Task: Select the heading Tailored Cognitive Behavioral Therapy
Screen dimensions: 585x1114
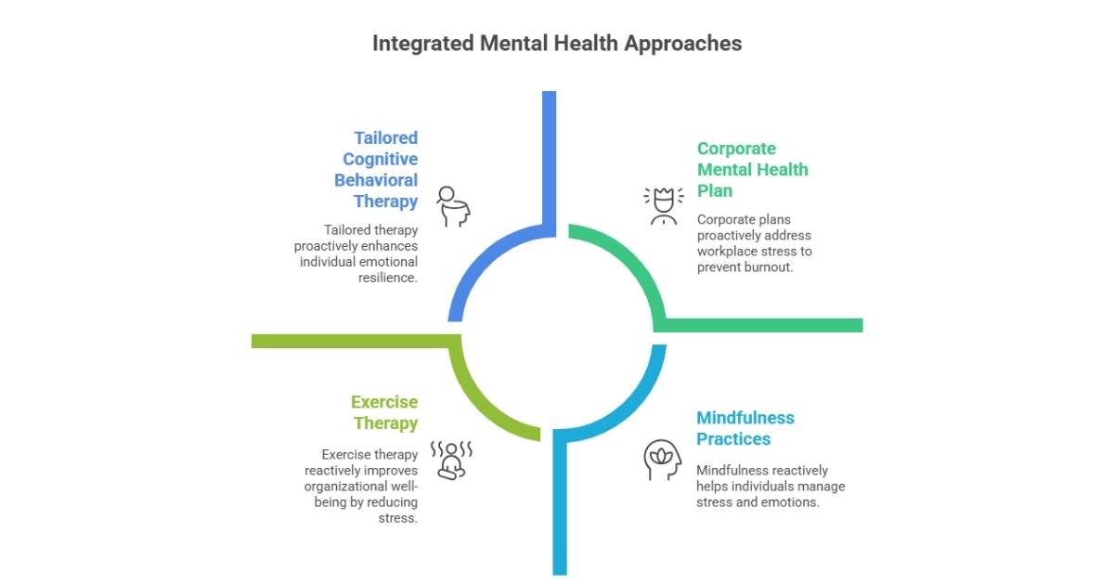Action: [377, 169]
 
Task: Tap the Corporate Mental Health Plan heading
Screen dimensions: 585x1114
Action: [752, 169]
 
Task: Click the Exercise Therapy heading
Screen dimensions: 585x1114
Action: [384, 412]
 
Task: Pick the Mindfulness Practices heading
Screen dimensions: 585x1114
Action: [745, 428]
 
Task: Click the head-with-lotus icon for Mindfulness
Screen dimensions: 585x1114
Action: [663, 460]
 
